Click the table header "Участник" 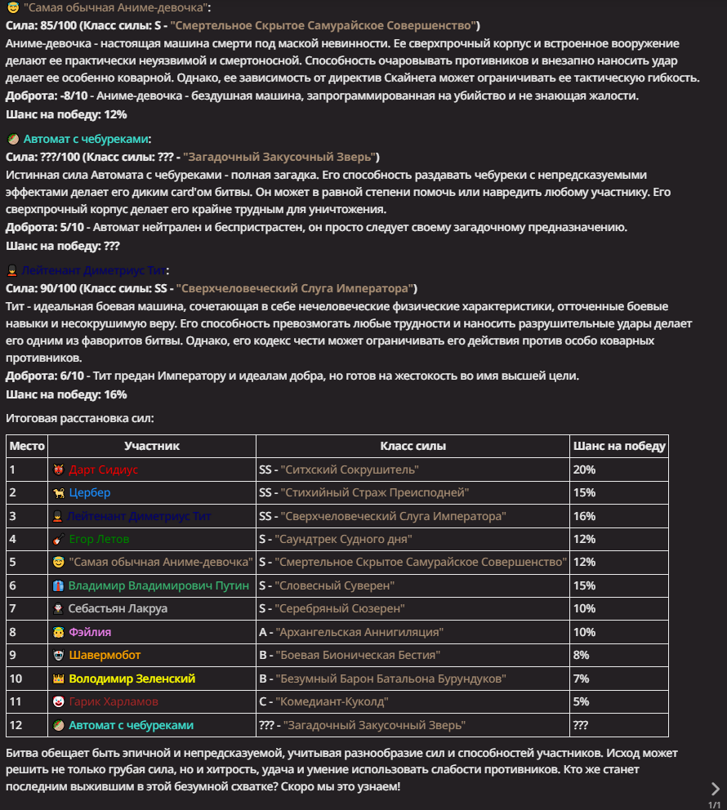pos(152,446)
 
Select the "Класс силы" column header pos(413,446)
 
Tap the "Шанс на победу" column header pos(619,446)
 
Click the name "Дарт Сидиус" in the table pos(104,470)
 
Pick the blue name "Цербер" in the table pos(90,492)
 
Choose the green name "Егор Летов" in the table pos(99,539)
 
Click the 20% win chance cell pos(585,470)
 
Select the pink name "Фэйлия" pos(90,632)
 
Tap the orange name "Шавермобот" pos(105,655)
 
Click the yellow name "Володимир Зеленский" pos(132,679)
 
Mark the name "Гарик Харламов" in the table pos(114,701)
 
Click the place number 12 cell pos(16,725)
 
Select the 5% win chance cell pos(582,701)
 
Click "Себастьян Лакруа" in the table pos(118,608)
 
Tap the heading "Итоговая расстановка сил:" pos(80,418)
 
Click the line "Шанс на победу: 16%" pos(66,394)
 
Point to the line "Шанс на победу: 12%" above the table pos(66,114)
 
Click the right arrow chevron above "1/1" pos(715,788)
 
